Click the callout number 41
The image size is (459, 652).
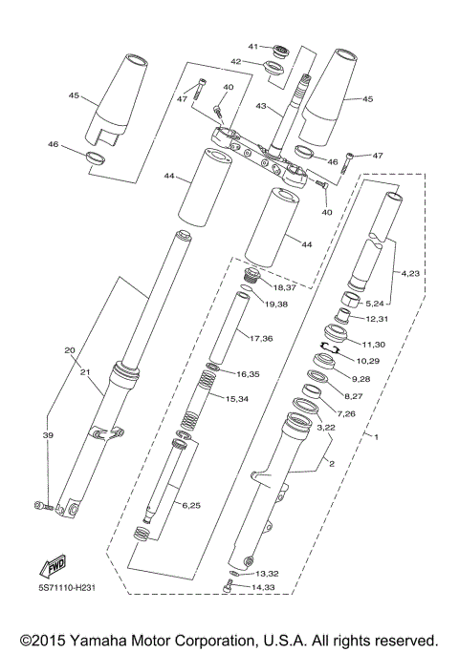click(254, 47)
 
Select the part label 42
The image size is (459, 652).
click(235, 61)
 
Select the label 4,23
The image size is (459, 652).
click(410, 274)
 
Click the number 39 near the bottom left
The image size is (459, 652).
click(48, 434)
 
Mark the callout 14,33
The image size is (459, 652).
click(265, 586)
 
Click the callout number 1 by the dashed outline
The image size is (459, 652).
click(376, 436)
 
